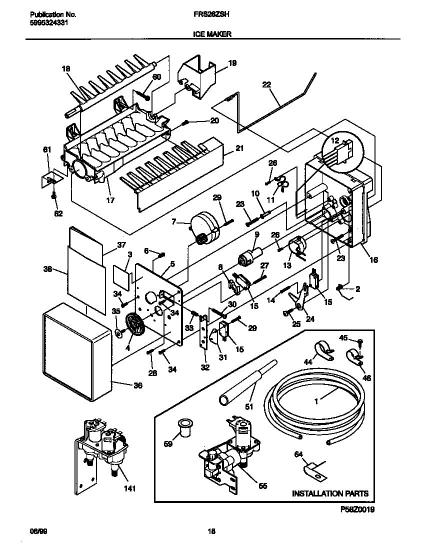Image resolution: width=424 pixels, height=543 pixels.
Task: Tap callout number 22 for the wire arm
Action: [266, 85]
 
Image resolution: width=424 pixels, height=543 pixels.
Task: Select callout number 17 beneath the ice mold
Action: [110, 200]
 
